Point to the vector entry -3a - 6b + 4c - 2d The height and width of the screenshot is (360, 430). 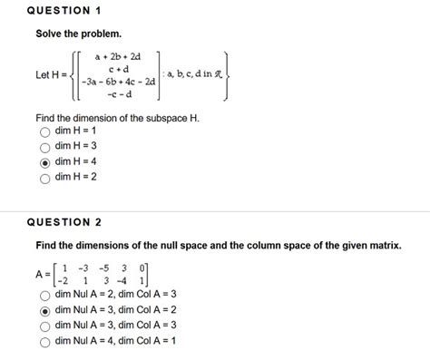[x=120, y=82]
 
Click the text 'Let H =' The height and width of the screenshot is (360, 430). [x=52, y=74]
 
